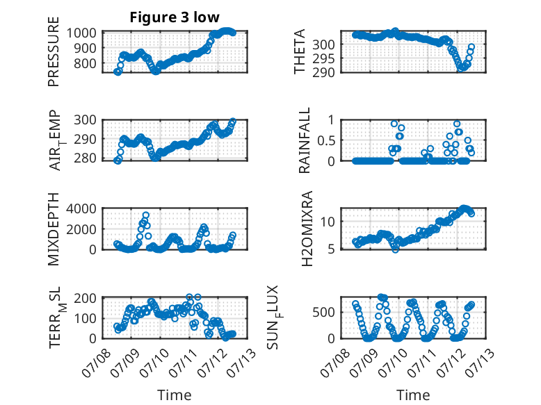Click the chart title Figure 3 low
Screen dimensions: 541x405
pyautogui.click(x=175, y=17)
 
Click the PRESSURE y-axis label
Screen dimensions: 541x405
pyautogui.click(x=54, y=51)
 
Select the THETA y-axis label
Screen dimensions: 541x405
pyautogui.click(x=300, y=51)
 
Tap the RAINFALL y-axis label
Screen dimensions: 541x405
pyautogui.click(x=305, y=140)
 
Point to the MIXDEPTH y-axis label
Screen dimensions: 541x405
pyautogui.click(x=54, y=229)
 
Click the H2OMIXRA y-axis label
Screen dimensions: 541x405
pyautogui.click(x=307, y=229)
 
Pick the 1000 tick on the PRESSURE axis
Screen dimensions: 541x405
pyautogui.click(x=81, y=33)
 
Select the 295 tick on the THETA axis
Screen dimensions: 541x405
pyautogui.click(x=323, y=58)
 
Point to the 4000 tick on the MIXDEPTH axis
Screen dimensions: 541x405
pyautogui.click(x=81, y=208)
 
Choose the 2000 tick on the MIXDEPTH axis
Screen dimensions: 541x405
pyautogui.click(x=81, y=229)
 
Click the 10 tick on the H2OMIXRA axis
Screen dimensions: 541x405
pyautogui.click(x=327, y=222)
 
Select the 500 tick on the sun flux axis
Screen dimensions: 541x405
pyautogui.click(x=323, y=313)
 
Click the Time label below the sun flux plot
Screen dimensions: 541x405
pyautogui.click(x=413, y=395)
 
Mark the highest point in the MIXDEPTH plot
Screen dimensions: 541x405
pyautogui.click(x=145, y=215)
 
